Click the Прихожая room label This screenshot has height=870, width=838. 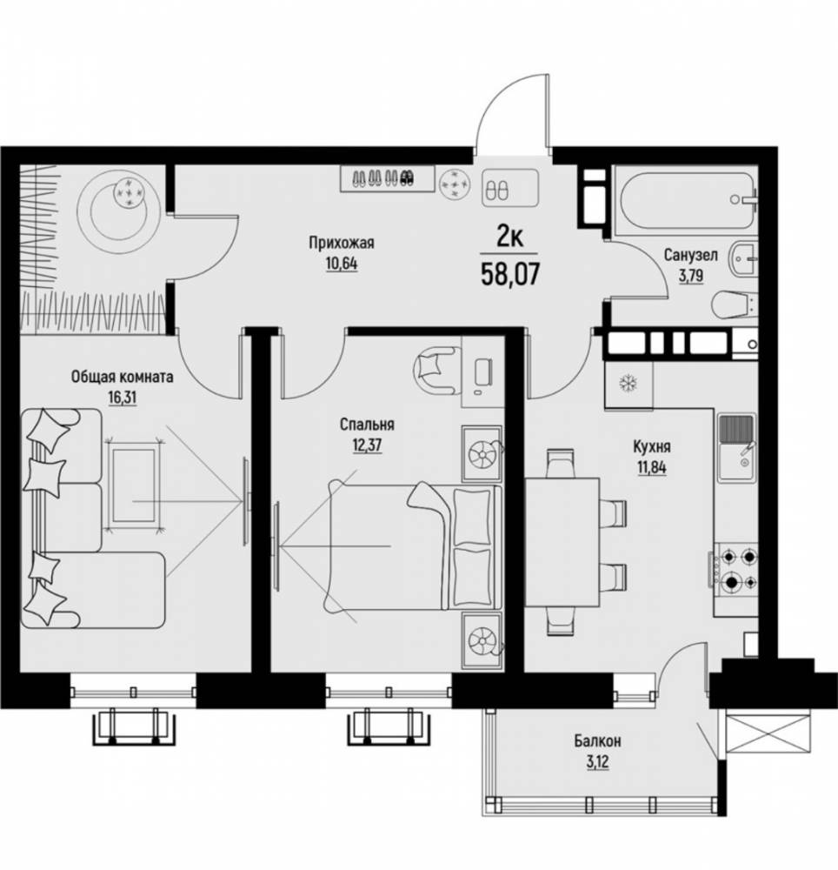[342, 243]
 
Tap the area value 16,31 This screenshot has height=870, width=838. [122, 398]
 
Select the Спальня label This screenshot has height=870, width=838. [367, 425]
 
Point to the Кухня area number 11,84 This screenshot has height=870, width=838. [651, 468]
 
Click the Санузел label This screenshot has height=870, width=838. [690, 255]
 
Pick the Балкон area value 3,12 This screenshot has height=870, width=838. [597, 762]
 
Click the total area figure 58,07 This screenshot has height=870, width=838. [510, 274]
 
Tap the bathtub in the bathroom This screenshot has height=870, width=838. [685, 200]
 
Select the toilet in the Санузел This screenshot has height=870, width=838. [733, 304]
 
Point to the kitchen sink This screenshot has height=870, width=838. [736, 447]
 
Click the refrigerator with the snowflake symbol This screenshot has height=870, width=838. [628, 385]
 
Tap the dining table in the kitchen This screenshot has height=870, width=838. [562, 543]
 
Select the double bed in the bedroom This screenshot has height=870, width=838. [415, 547]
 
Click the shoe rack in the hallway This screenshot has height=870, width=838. [388, 178]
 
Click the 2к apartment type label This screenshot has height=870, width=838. [509, 238]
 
